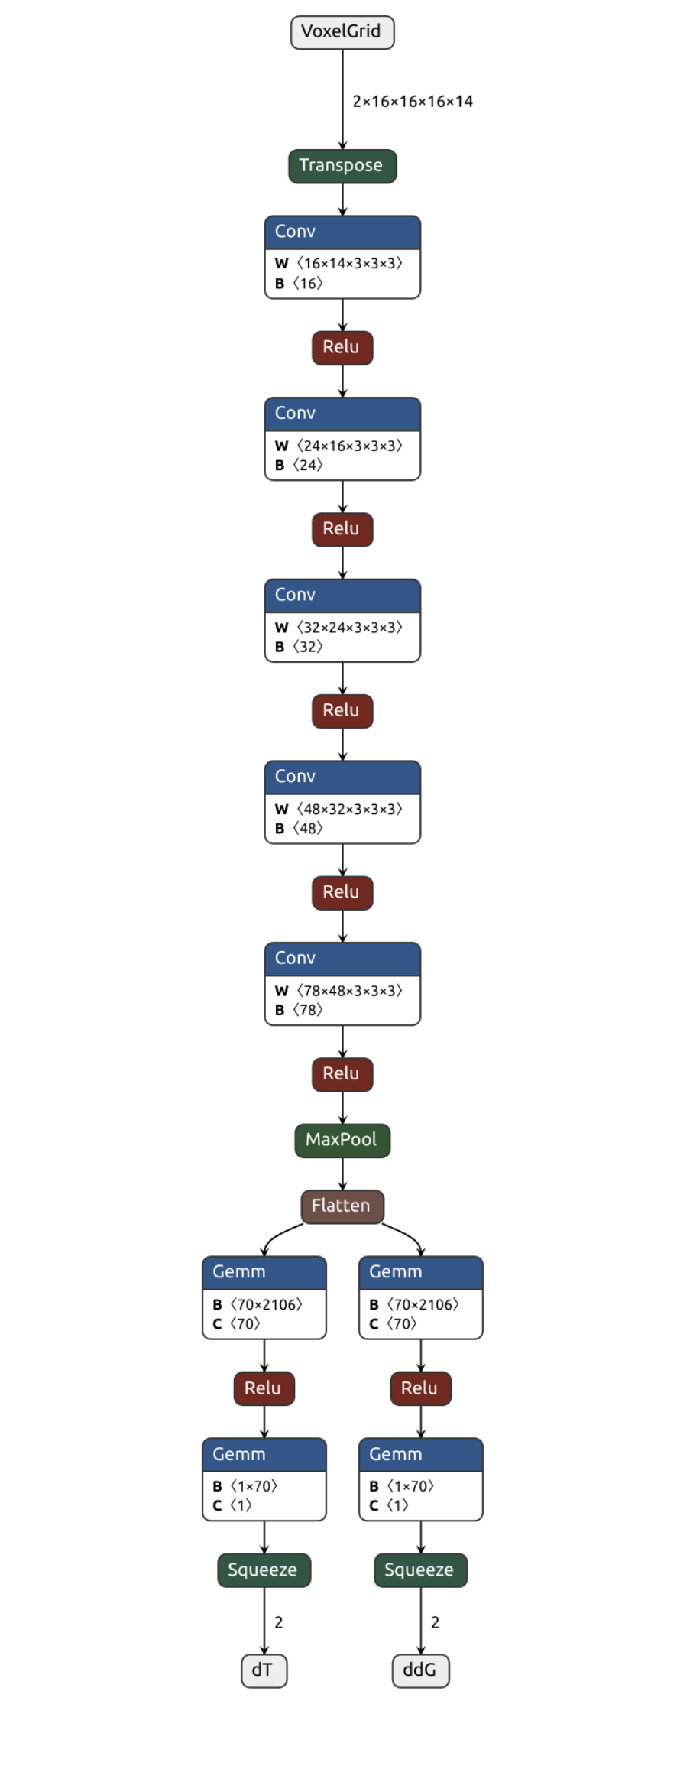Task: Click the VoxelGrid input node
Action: pyautogui.click(x=342, y=32)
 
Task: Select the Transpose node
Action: pyautogui.click(x=342, y=166)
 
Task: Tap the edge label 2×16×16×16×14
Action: pyautogui.click(x=412, y=101)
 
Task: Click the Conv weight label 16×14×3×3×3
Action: pyautogui.click(x=348, y=264)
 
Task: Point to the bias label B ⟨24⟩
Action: pyautogui.click(x=299, y=465)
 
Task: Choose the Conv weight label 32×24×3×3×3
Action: pyautogui.click(x=348, y=628)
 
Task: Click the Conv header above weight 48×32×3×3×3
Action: pyautogui.click(x=342, y=777)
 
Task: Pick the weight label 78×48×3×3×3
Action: pyautogui.click(x=348, y=991)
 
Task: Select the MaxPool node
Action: pyautogui.click(x=342, y=1140)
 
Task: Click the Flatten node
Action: pyautogui.click(x=342, y=1206)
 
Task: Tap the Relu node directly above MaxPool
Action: pyautogui.click(x=342, y=1073)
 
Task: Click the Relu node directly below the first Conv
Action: pyautogui.click(x=342, y=347)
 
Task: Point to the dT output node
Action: pyautogui.click(x=264, y=1670)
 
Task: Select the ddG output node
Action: pyautogui.click(x=420, y=1670)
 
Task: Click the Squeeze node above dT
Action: pyautogui.click(x=264, y=1570)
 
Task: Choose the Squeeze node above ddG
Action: pyautogui.click(x=420, y=1570)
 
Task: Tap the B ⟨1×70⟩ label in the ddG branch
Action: pyautogui.click(x=402, y=1486)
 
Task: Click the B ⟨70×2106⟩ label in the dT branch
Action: pyautogui.click(x=258, y=1304)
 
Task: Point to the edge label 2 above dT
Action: pyautogui.click(x=279, y=1622)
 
